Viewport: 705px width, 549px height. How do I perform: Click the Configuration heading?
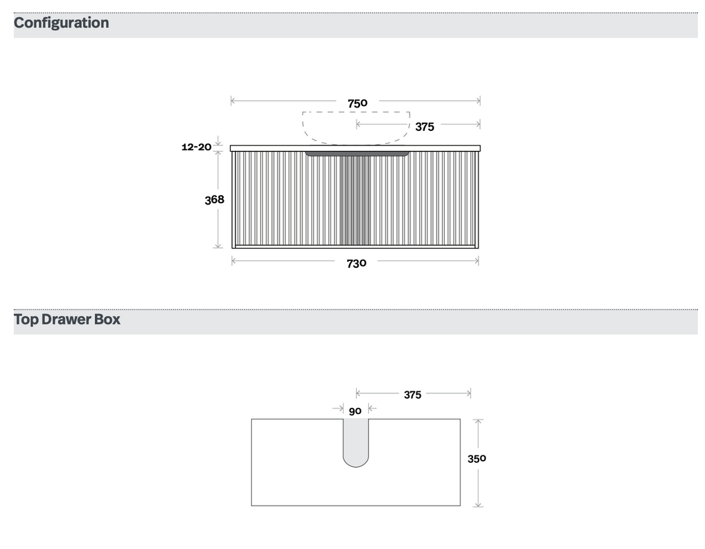(x=61, y=23)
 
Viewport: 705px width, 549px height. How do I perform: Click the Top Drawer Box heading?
(x=67, y=320)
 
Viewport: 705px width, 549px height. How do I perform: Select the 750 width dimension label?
(x=357, y=103)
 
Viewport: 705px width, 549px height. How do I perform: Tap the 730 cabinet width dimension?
(x=357, y=263)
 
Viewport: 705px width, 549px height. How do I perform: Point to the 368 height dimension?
(x=214, y=199)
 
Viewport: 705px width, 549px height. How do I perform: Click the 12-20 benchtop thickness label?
(x=196, y=147)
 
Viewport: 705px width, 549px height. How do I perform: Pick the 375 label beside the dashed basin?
(x=424, y=127)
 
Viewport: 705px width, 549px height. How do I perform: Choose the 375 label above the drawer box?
(x=412, y=395)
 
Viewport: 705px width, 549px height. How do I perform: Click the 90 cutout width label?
(x=355, y=411)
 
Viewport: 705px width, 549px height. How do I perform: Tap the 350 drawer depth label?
(x=476, y=459)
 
